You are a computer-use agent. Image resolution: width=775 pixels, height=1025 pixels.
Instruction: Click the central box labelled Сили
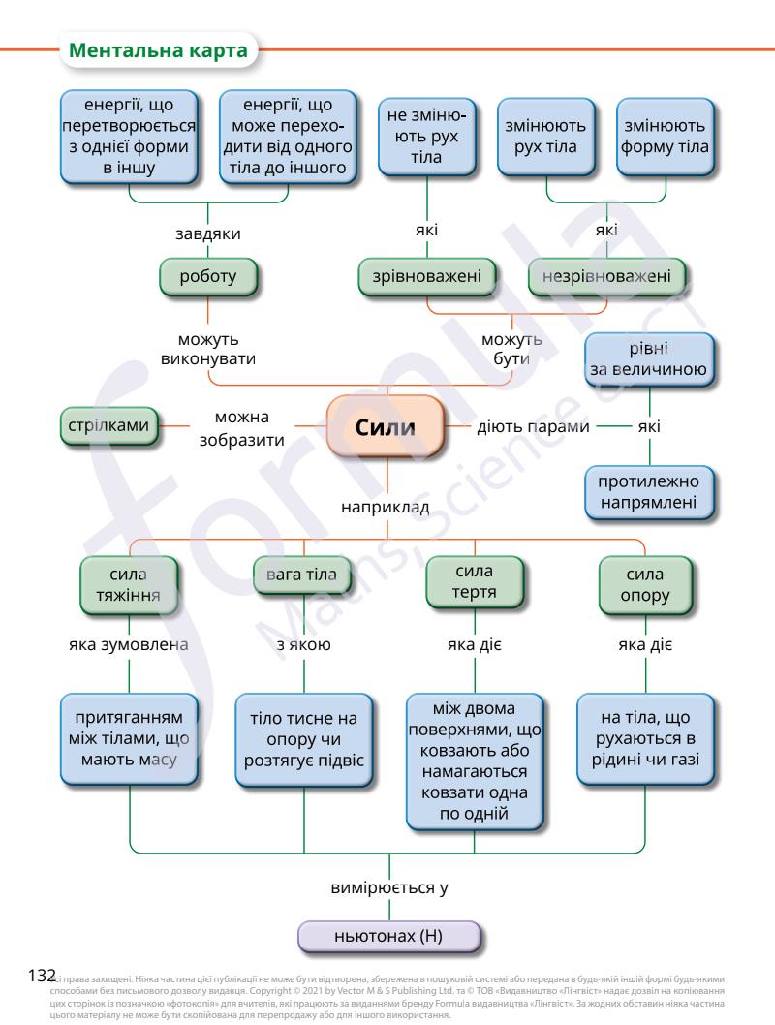pos(386,426)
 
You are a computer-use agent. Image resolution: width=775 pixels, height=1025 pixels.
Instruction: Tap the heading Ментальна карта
pos(160,50)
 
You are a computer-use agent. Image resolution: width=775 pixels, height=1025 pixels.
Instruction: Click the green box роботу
pos(208,277)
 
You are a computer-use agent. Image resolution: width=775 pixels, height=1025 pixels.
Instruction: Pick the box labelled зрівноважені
pos(427,277)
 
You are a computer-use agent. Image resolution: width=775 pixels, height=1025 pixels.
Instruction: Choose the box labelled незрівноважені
pos(606,277)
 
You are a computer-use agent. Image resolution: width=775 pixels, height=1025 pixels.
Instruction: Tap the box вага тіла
pos(301,575)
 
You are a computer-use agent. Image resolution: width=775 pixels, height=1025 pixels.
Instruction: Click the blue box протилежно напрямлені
pos(648,492)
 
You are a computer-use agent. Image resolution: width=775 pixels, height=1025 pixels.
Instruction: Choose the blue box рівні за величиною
pos(648,358)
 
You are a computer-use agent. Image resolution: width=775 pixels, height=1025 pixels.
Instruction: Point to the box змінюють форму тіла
pos(665,137)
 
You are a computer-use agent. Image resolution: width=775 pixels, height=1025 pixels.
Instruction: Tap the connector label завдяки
pos(208,233)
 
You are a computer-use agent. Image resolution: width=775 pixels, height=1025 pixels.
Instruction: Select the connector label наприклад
pos(386,507)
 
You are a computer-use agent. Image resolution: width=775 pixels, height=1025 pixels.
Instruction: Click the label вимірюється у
pos(388,887)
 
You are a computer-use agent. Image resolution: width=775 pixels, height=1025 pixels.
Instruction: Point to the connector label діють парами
pos(534,425)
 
